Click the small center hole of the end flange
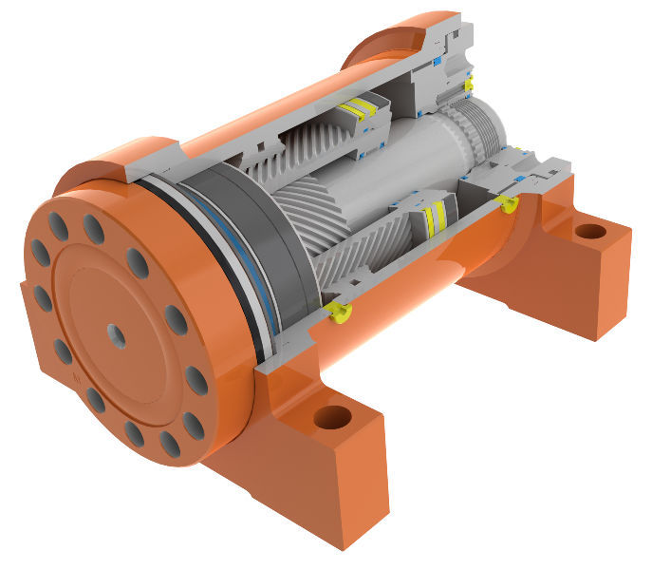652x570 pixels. tap(116, 333)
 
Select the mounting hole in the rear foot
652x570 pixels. tap(589, 231)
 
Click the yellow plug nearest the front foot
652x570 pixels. tap(337, 311)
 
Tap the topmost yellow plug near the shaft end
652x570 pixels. tap(468, 85)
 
